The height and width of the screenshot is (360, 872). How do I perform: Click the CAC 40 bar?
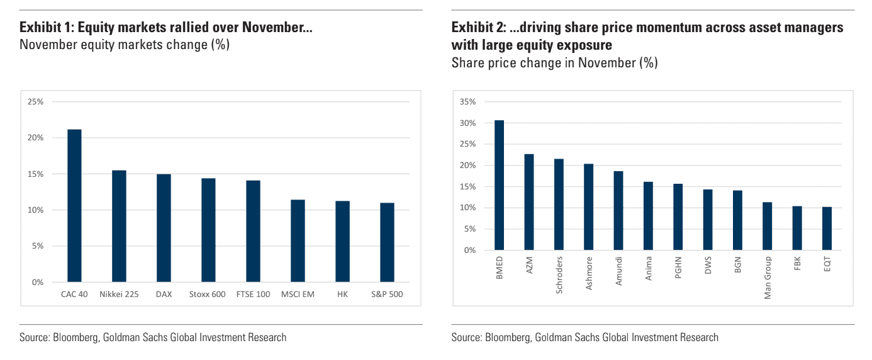coord(74,206)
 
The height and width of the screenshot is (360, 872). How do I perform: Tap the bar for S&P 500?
coord(387,242)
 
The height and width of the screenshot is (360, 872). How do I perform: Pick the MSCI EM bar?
coord(298,240)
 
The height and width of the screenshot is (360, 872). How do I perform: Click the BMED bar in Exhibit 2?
coord(499,185)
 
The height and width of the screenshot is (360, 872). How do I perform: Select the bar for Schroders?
coord(559,205)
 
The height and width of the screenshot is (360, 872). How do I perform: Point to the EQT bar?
coord(827,228)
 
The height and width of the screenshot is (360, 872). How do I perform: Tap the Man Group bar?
coord(767,226)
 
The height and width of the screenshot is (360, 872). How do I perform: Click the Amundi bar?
coord(618,211)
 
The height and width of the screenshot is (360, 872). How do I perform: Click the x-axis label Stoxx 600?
coord(207,295)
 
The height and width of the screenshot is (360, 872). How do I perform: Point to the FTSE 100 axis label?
coord(252,295)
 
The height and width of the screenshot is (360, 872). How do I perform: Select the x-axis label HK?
coord(342,295)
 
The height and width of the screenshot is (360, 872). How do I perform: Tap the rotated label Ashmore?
coord(589,271)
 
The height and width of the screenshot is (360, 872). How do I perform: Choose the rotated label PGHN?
coord(678,268)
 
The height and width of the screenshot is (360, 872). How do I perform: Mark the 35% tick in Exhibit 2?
coord(468,102)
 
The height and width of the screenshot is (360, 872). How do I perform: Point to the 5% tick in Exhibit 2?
coord(470,229)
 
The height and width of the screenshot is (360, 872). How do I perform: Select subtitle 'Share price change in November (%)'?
coord(554,63)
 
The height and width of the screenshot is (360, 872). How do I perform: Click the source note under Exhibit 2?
coord(584,337)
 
